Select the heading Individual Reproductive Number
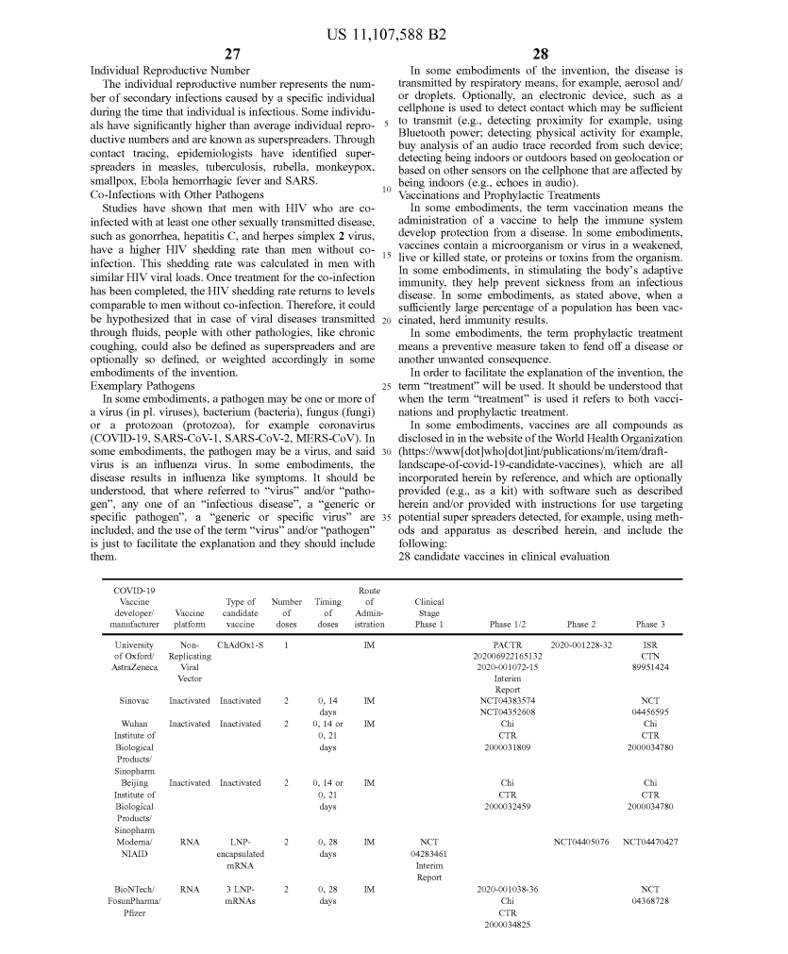coord(170,71)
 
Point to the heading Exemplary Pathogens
coord(143,386)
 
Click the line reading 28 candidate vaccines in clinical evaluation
coord(504,557)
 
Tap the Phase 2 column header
coord(580,625)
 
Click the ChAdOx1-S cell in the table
coord(240,644)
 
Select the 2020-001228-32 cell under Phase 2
coord(580,644)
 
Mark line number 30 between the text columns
coord(386,451)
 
